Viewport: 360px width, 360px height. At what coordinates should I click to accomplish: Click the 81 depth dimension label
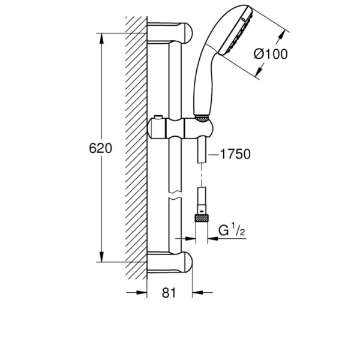coord(169,293)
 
